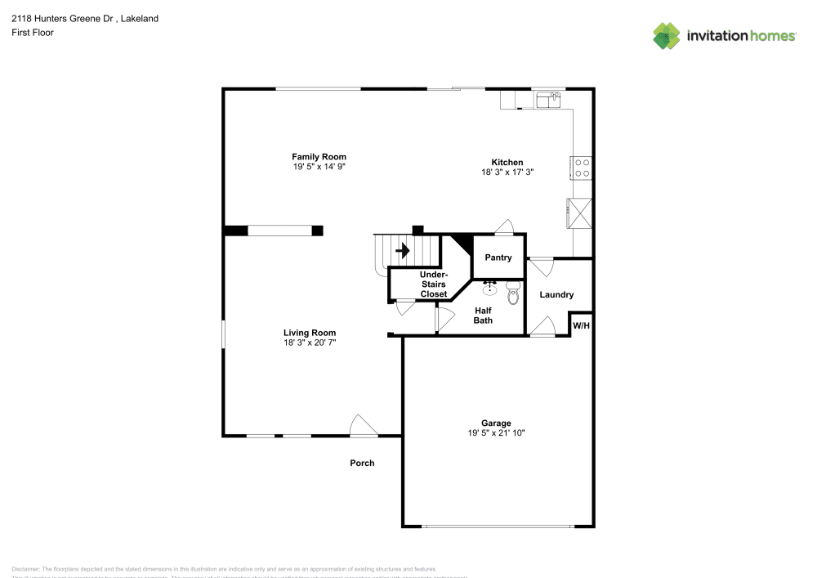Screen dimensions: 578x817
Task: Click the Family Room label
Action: pyautogui.click(x=319, y=157)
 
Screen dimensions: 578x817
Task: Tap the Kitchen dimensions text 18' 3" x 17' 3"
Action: pyautogui.click(x=507, y=173)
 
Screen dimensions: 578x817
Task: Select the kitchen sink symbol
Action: pyautogui.click(x=548, y=100)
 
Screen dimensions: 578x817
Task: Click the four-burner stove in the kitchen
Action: pyautogui.click(x=583, y=168)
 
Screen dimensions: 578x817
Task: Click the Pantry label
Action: pyautogui.click(x=498, y=258)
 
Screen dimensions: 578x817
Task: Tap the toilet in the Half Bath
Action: pyautogui.click(x=513, y=293)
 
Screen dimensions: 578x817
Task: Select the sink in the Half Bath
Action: pyautogui.click(x=490, y=288)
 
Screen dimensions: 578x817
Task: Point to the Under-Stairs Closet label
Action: pyautogui.click(x=433, y=284)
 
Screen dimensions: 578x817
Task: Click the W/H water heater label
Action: pyautogui.click(x=581, y=325)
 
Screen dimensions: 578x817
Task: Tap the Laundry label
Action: pyautogui.click(x=556, y=295)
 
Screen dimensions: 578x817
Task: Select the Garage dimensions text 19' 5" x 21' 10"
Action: pyautogui.click(x=496, y=433)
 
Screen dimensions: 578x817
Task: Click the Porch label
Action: pyautogui.click(x=362, y=463)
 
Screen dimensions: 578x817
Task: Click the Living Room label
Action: pyautogui.click(x=310, y=333)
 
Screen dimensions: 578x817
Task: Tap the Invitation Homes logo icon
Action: pyautogui.click(x=667, y=35)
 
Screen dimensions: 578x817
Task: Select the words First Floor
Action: pyautogui.click(x=33, y=33)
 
